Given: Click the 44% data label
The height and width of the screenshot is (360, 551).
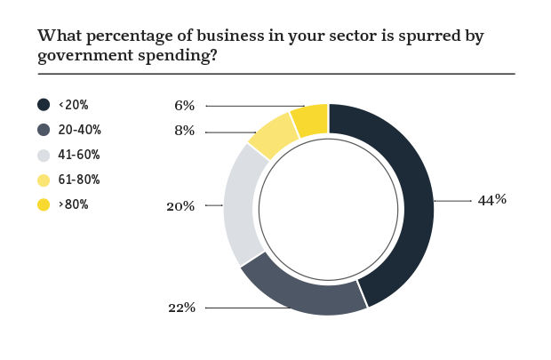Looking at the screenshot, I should click(491, 200).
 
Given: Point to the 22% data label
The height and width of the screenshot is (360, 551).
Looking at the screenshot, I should click(181, 308).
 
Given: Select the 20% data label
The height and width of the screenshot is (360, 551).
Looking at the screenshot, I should click(180, 206).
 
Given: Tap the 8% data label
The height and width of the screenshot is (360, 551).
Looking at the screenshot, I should click(186, 132).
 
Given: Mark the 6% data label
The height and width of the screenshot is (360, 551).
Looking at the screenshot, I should click(185, 106).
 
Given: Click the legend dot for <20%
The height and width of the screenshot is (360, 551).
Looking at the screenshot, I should click(44, 105).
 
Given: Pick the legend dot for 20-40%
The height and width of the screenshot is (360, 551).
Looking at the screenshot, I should click(44, 130).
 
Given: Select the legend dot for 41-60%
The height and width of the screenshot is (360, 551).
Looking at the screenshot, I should click(44, 155).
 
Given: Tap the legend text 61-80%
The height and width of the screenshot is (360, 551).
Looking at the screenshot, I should click(79, 180).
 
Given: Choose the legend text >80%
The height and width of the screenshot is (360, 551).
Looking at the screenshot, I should click(74, 204).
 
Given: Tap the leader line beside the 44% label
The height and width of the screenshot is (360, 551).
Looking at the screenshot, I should click(453, 201).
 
